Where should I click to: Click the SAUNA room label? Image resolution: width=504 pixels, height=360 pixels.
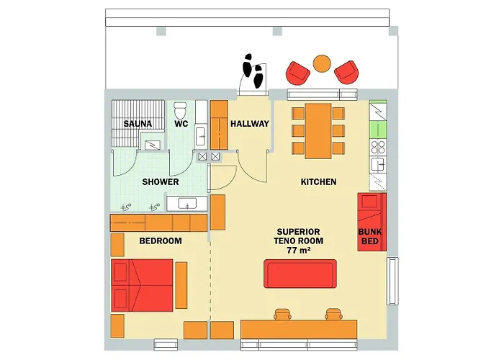[x=138, y=124]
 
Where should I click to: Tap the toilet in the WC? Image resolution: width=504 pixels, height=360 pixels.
[x=180, y=110]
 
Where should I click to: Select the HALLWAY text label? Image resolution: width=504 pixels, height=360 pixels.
[x=250, y=124]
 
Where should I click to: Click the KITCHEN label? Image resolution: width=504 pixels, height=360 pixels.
[x=318, y=182]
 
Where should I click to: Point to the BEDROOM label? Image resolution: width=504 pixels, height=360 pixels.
[x=161, y=240]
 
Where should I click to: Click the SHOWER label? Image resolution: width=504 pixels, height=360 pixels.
[x=161, y=182]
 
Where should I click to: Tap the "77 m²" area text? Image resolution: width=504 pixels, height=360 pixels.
[x=299, y=250]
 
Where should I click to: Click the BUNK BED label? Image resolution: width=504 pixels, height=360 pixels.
[x=370, y=236]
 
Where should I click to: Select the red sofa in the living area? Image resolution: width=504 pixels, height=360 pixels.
[x=300, y=274]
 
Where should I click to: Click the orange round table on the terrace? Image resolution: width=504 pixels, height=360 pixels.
[x=322, y=63]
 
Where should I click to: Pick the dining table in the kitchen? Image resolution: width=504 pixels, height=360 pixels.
[x=318, y=131]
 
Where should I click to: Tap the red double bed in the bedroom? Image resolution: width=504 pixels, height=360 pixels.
[x=142, y=285]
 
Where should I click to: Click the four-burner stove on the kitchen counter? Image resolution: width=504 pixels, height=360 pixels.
[x=378, y=147]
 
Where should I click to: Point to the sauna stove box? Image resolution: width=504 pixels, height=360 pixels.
[x=153, y=145]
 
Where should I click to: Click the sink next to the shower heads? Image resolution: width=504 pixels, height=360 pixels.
[x=186, y=204]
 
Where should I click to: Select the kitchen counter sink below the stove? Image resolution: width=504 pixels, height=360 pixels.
[x=378, y=165]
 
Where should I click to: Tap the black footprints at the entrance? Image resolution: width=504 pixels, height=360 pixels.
[x=253, y=71]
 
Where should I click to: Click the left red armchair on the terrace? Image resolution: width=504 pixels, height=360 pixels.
[x=297, y=72]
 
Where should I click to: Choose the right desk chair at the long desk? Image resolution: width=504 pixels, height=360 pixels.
[x=333, y=315]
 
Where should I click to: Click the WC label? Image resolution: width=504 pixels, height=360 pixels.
[x=181, y=124]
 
